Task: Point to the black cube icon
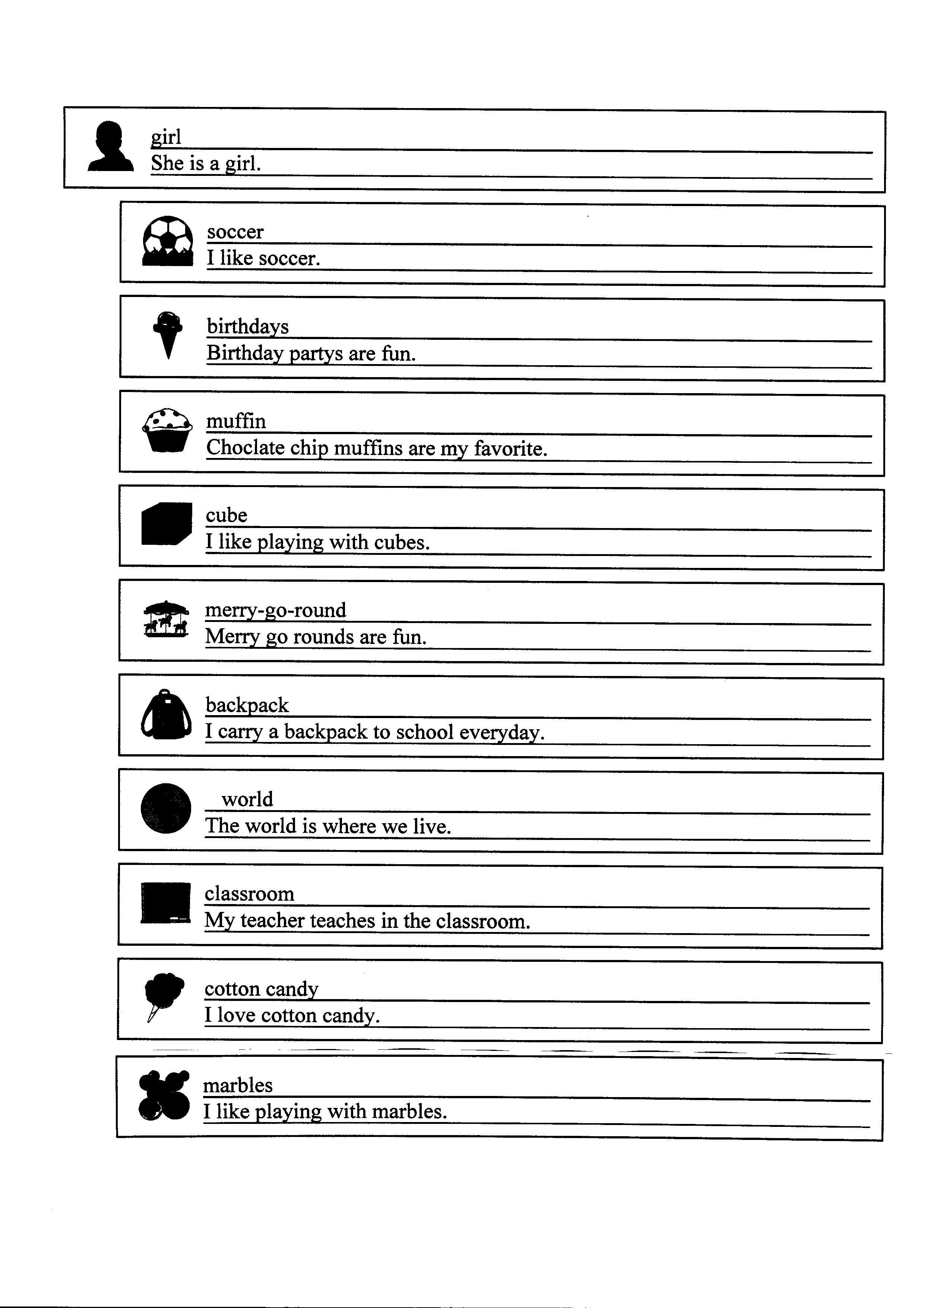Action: click(x=167, y=523)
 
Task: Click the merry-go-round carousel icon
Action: click(x=166, y=619)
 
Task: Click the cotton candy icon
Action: click(x=164, y=996)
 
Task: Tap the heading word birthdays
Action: click(x=247, y=326)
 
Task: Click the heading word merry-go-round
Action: click(x=276, y=610)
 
